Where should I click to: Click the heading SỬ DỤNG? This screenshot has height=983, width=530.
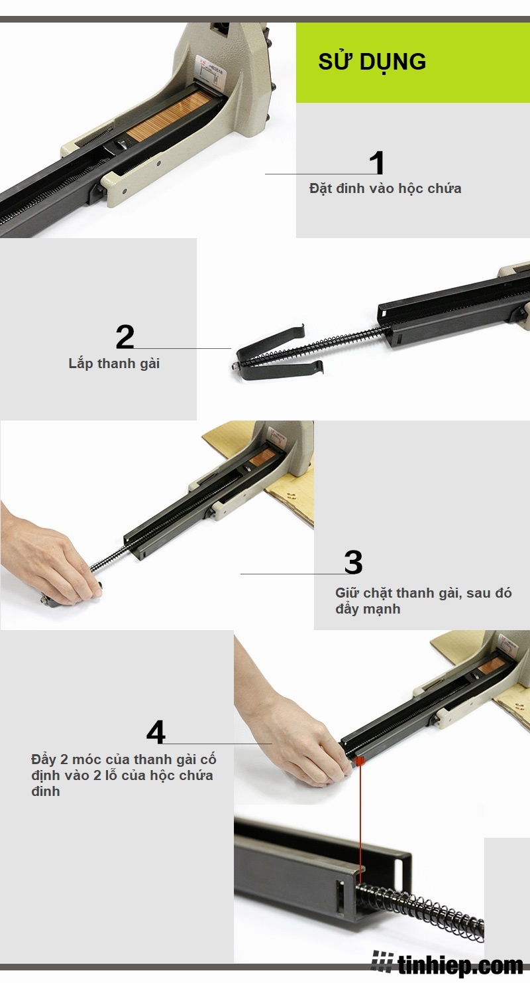tap(372, 62)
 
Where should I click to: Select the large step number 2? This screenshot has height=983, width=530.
tap(125, 337)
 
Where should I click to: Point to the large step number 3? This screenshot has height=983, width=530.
tap(353, 562)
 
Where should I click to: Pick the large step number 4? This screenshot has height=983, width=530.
tap(156, 732)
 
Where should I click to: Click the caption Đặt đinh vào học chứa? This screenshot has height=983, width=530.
tap(386, 188)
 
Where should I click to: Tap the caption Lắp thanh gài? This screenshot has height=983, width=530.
tap(114, 363)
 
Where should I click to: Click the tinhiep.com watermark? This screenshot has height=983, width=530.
tap(447, 964)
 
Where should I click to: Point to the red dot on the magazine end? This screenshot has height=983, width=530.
tap(360, 761)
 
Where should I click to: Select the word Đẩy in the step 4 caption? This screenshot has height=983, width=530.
tap(44, 759)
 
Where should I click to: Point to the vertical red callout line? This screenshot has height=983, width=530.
tap(360, 824)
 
